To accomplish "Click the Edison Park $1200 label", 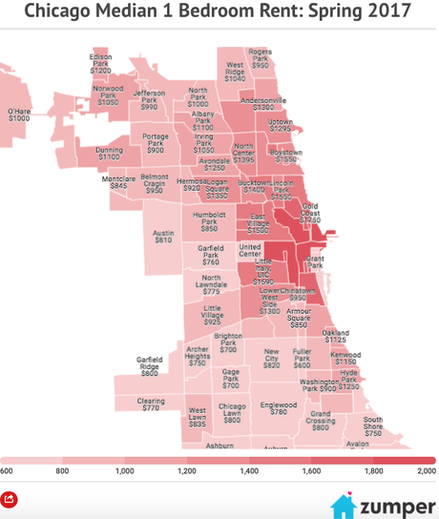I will (x=101, y=63).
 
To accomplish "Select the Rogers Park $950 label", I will (x=261, y=58).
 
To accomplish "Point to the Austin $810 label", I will (x=163, y=236).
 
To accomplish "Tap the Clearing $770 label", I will (x=151, y=405).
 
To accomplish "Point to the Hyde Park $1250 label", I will (x=349, y=380).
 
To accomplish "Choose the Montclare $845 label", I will (x=118, y=181).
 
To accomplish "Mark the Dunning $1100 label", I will (x=110, y=153).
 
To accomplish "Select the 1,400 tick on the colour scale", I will (x=249, y=470).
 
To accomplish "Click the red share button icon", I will (x=10, y=499).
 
